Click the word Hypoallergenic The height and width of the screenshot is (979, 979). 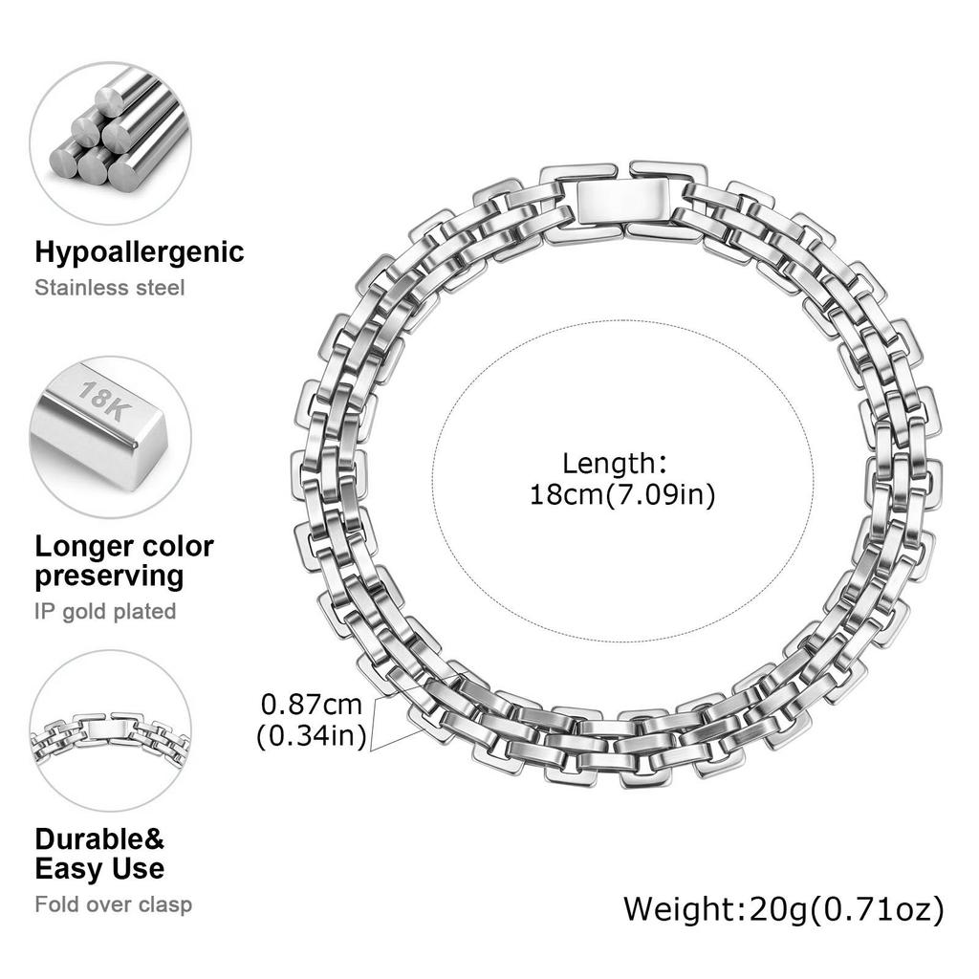point(140,252)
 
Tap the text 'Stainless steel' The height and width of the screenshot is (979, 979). point(109,288)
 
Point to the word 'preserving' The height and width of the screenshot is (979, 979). point(109,577)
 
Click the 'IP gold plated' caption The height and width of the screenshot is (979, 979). point(105,612)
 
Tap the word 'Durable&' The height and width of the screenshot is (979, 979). point(99,839)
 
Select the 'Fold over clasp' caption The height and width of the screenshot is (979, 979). point(113,904)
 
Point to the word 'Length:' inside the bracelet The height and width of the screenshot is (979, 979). point(615,464)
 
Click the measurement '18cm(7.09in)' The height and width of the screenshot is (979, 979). point(621,495)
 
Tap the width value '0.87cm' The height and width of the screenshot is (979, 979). point(311,705)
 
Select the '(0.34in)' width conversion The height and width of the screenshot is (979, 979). point(311,736)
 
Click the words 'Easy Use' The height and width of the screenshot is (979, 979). point(99,868)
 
